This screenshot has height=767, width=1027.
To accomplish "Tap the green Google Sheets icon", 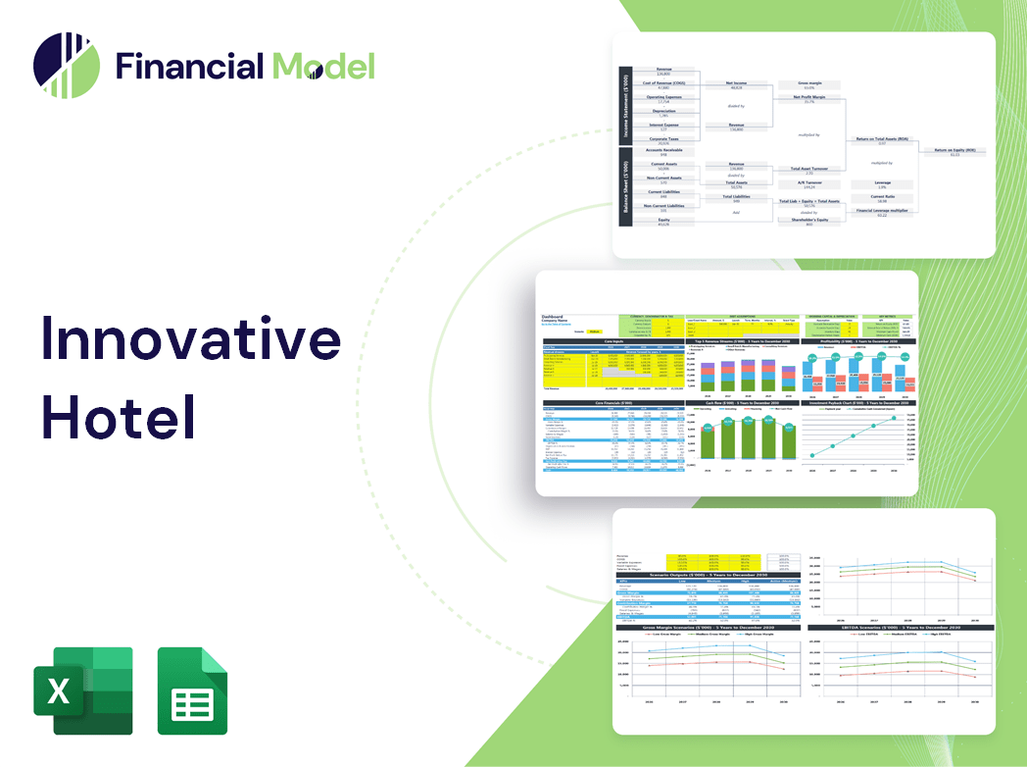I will pos(193,690).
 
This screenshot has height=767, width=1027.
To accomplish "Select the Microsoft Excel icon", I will pos(82,690).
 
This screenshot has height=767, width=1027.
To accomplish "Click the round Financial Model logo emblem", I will pos(67,66).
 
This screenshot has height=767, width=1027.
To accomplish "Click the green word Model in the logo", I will pos(323,66).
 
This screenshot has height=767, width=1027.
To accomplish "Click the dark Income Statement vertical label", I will pos(624,106).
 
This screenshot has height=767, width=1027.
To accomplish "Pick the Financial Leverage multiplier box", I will pos(882,212).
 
